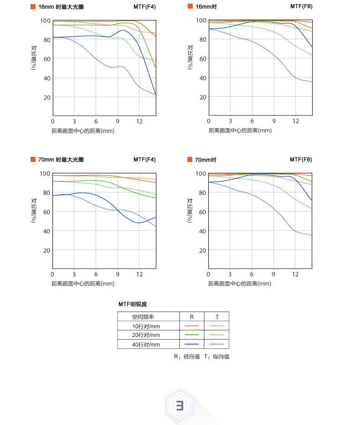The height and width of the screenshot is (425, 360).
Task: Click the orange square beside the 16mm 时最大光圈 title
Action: pos(33,7)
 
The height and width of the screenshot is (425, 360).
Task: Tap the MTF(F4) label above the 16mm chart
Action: pos(144,7)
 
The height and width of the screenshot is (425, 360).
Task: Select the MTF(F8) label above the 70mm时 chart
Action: pos(301,160)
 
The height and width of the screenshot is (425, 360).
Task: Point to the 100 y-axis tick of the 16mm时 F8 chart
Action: pos(201,20)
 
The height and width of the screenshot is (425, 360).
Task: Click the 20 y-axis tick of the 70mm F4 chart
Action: pos(46,250)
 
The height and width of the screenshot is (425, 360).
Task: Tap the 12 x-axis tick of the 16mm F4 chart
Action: pos(139,122)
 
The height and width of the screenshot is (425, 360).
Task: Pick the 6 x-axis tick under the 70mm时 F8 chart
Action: pos(252,274)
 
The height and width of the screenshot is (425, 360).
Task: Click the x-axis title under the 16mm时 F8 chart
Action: pos(240,130)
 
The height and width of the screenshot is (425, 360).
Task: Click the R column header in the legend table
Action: pos(192,317)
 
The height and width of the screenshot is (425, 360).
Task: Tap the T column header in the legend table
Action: pos(217,317)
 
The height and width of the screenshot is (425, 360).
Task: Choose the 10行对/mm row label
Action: pos(146,326)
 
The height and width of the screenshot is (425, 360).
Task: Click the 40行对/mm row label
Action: pos(146,344)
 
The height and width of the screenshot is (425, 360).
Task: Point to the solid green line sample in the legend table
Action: pos(192,335)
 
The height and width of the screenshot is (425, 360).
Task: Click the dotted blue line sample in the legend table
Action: pos(217,344)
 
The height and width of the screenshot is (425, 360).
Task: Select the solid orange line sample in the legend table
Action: pos(192,326)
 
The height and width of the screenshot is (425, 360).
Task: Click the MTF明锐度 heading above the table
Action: pos(133,304)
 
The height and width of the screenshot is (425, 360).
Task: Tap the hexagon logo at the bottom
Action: pos(180,404)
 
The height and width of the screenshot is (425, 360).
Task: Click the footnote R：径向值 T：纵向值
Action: pos(201,357)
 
